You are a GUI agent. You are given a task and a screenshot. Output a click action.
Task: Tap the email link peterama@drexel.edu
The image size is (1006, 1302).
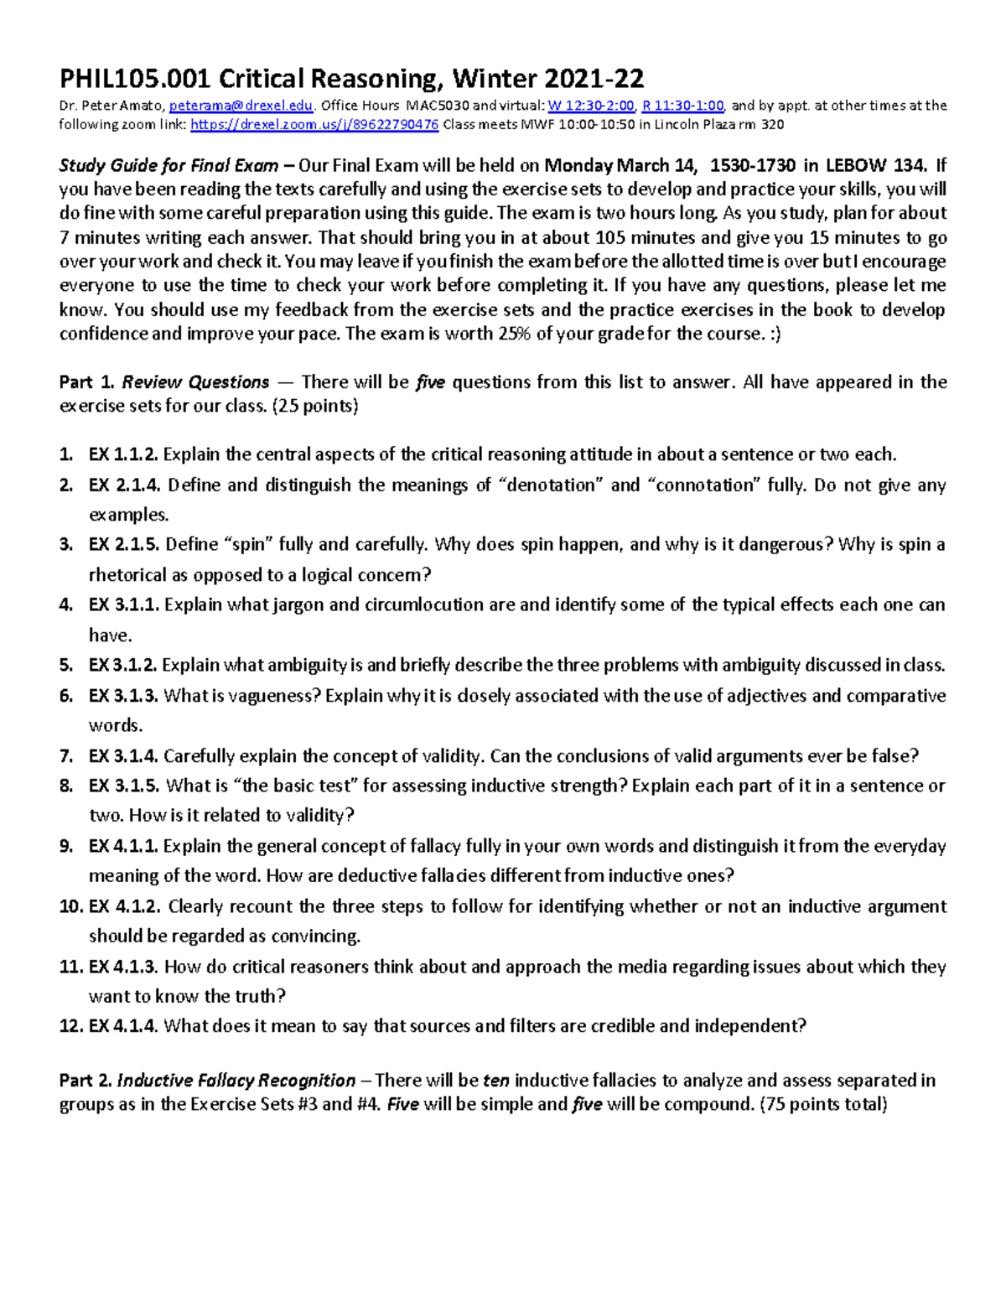click(x=241, y=106)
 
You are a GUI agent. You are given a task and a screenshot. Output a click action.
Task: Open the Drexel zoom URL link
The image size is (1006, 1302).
click(x=314, y=125)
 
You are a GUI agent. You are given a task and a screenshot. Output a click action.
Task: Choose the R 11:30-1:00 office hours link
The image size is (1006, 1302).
click(x=682, y=106)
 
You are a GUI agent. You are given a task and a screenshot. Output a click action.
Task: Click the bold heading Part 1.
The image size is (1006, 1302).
click(x=86, y=382)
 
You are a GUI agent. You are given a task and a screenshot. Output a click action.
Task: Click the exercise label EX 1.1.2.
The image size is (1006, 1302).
click(x=123, y=455)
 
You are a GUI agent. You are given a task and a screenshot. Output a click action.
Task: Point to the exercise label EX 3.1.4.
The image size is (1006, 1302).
click(x=123, y=756)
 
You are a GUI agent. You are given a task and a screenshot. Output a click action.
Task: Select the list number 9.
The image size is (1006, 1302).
click(x=66, y=847)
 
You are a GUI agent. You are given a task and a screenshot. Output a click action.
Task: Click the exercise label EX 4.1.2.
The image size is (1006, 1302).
click(x=125, y=907)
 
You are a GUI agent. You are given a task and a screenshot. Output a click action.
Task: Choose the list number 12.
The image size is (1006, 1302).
click(x=70, y=1026)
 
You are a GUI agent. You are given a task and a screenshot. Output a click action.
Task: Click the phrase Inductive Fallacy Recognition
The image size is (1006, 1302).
click(x=236, y=1081)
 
